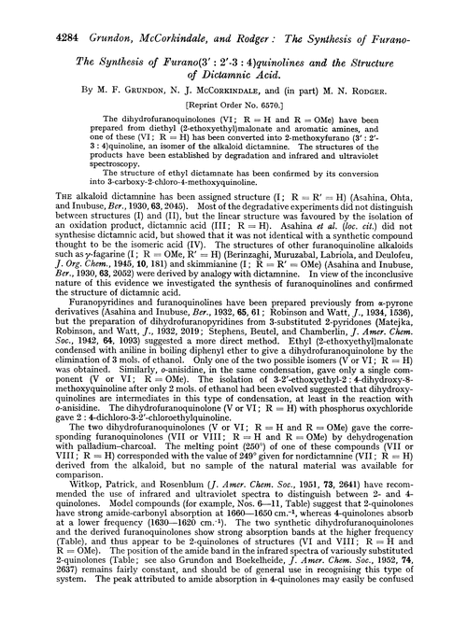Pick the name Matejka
point(407,364)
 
